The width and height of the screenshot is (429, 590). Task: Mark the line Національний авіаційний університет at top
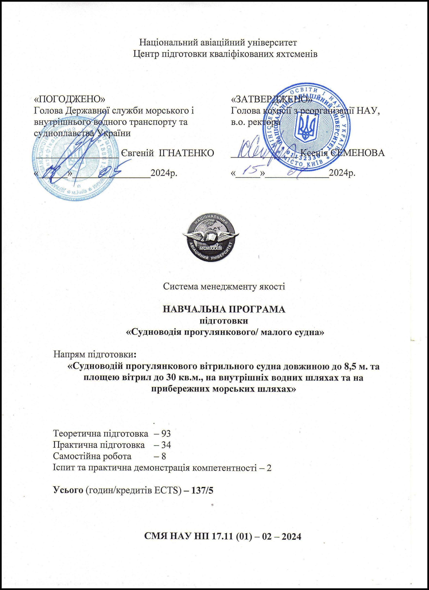point(218,42)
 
